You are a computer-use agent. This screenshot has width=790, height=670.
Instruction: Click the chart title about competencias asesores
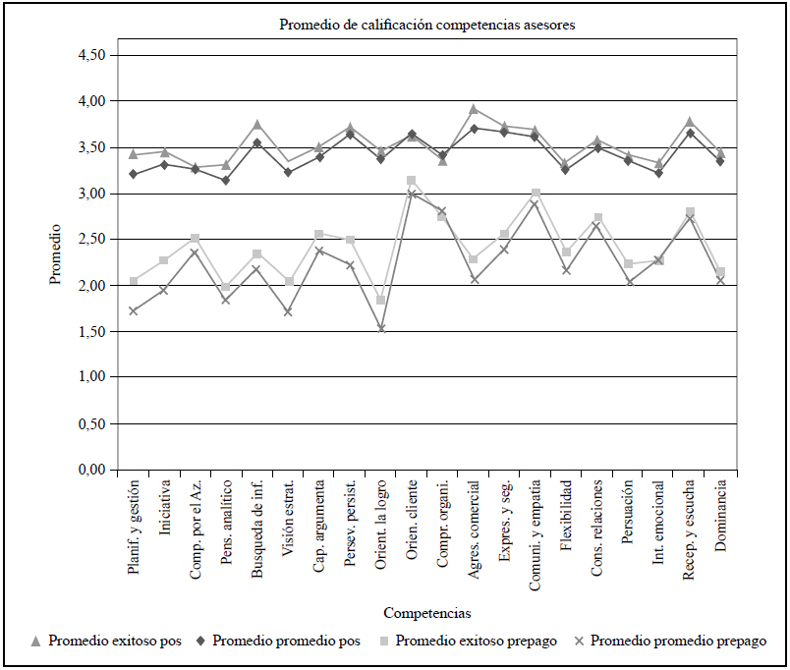point(427,26)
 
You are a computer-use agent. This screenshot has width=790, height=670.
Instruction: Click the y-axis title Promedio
point(57,253)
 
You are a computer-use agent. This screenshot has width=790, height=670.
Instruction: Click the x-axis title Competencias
point(427,613)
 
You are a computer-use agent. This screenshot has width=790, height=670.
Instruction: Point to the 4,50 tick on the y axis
point(91,55)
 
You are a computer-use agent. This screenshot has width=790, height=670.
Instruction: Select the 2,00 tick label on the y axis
point(91,286)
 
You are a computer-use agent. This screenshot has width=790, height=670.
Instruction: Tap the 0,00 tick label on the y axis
point(91,471)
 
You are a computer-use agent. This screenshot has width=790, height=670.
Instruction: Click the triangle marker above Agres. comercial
point(474,109)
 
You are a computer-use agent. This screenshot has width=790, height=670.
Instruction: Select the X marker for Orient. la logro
point(381,329)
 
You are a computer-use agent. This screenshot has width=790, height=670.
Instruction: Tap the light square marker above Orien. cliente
point(412,181)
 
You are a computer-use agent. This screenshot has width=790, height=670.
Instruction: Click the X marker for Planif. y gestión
point(134,311)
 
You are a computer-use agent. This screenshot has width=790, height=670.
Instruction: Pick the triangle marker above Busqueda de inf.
point(257,125)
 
